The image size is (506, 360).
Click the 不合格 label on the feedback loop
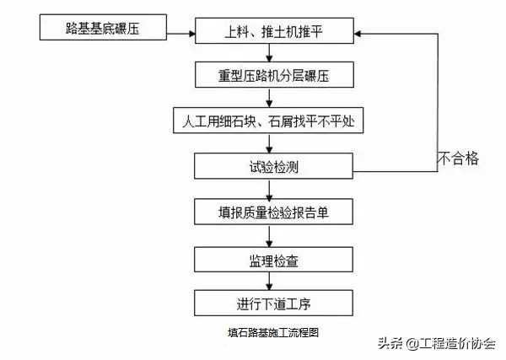coord(458,157)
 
